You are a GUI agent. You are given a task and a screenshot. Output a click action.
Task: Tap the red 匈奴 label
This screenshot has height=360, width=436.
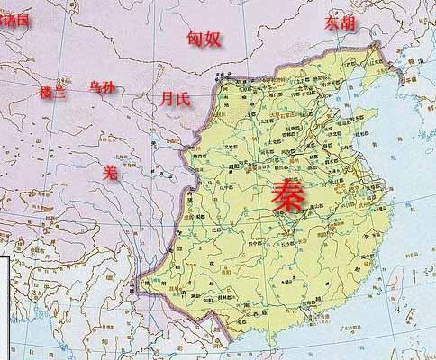coord(203,38)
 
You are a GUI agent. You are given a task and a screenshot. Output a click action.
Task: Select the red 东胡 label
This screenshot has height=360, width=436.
coord(340,22)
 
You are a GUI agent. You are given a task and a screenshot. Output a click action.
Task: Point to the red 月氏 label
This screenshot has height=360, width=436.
coord(174,97)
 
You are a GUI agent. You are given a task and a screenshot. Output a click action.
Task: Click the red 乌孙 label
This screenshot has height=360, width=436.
coord(102,87)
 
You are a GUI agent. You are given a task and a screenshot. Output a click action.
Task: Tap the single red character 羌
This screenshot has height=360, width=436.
coord(110,170)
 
